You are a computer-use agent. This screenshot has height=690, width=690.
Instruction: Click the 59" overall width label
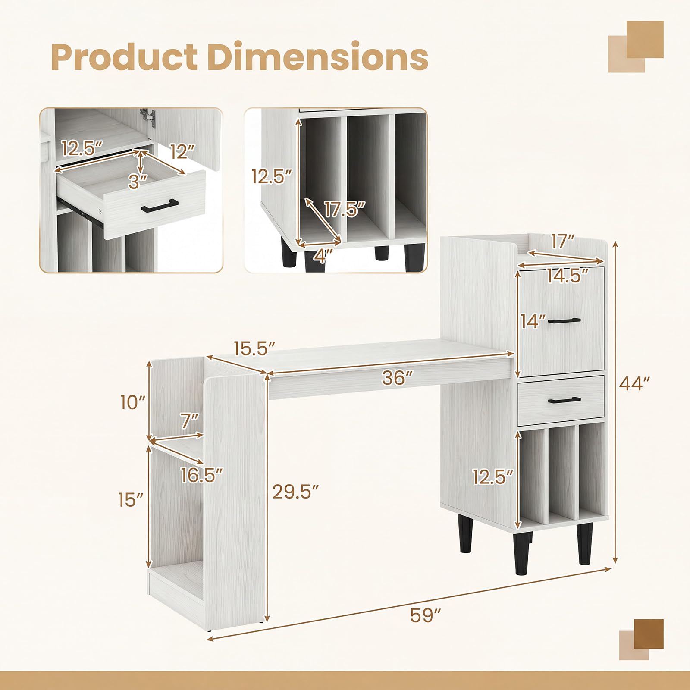click(425, 615)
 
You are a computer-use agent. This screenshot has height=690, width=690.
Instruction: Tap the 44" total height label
click(634, 383)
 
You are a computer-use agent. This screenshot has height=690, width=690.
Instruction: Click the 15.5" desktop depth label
click(254, 348)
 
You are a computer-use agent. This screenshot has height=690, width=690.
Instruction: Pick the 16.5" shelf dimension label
click(202, 475)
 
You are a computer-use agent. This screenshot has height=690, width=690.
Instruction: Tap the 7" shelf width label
click(190, 420)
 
